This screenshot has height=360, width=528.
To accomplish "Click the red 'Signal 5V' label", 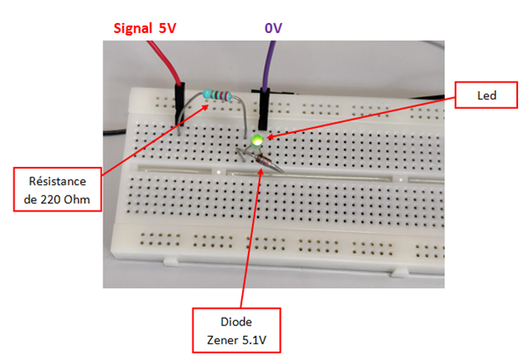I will (x=145, y=28).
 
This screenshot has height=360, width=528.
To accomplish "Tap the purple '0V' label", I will (x=273, y=28).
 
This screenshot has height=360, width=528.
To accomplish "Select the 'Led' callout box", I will (x=486, y=95).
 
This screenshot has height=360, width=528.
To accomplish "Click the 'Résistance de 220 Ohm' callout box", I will (x=58, y=190).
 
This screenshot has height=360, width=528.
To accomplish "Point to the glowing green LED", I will (x=258, y=140).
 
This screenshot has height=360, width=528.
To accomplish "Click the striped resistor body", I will (x=217, y=96).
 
